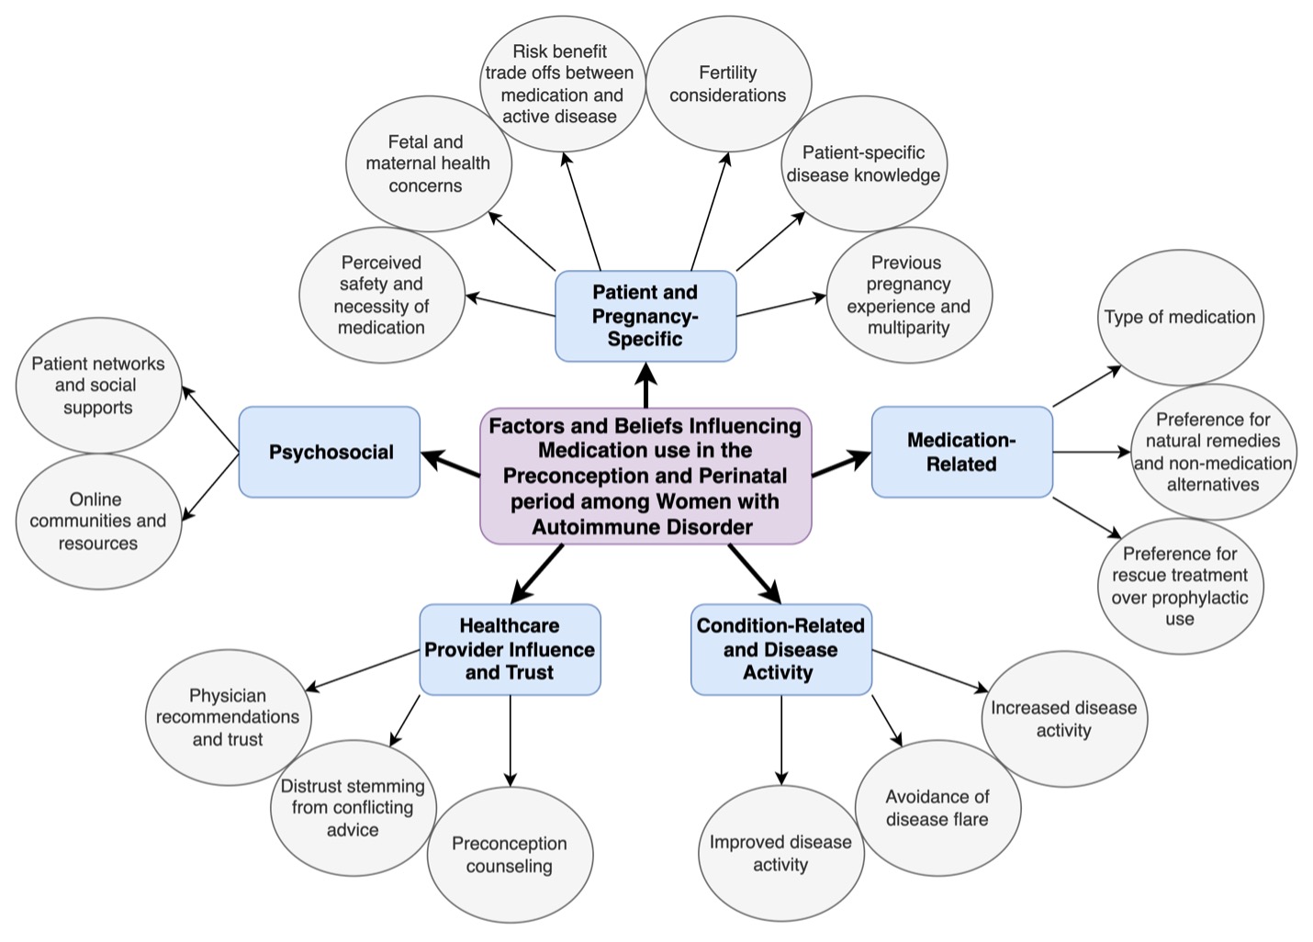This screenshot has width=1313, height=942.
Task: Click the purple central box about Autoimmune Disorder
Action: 645,476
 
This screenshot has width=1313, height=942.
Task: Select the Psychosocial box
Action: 330,452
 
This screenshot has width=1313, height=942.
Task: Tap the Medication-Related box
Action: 961,452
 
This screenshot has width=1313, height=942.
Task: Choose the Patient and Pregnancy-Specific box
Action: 645,316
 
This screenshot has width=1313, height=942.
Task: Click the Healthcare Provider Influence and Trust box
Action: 510,649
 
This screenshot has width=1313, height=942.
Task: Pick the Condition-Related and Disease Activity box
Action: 780,649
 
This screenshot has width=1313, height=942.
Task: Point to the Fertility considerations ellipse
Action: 728,84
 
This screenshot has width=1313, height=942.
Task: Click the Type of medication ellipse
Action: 1180,317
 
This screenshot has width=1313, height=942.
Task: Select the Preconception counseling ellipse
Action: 510,855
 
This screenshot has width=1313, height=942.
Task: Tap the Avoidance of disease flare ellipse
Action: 937,808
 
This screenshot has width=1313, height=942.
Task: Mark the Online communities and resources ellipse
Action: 98,521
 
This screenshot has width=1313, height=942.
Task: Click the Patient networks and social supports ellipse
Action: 98,385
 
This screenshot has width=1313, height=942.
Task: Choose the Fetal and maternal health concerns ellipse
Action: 428,163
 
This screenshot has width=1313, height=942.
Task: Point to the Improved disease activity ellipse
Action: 780,853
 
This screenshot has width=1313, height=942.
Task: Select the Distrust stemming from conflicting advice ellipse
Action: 353,808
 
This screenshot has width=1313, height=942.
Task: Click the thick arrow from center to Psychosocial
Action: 451,465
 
